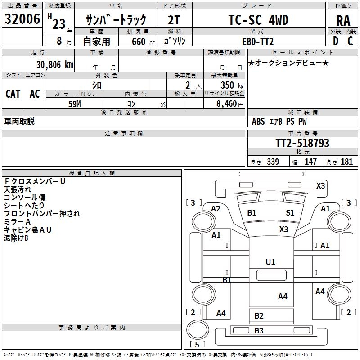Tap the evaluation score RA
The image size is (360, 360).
pyautogui.click(x=343, y=20)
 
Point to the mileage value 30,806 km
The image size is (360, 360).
pyautogui.click(x=55, y=64)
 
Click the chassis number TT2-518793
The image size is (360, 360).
pyautogui.click(x=302, y=143)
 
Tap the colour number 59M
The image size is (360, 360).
pyautogui.click(x=74, y=103)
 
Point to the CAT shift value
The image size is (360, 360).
pyautogui.click(x=13, y=94)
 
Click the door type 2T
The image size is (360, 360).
pyautogui.click(x=174, y=20)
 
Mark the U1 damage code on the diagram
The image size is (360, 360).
pyautogui.click(x=270, y=262)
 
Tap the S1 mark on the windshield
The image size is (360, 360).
pyautogui.click(x=290, y=212)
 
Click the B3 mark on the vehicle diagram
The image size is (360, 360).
pyautogui.click(x=259, y=331)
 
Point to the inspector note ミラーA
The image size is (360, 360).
pyautogui.click(x=18, y=222)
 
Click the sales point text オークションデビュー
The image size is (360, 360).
pyautogui.click(x=288, y=63)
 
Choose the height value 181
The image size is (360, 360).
pyautogui.click(x=346, y=162)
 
